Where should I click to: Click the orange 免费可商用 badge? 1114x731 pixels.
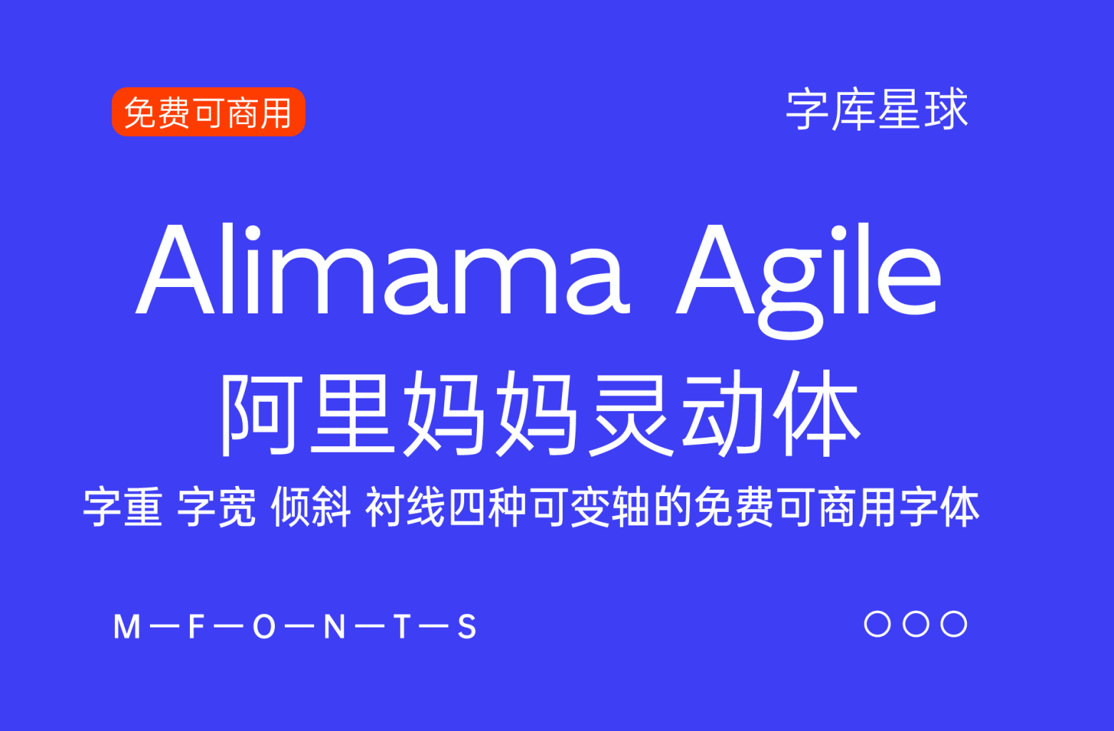209,112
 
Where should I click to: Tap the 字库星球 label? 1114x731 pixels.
877,109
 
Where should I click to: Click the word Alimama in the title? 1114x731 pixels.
383,269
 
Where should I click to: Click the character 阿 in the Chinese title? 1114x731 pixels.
261,414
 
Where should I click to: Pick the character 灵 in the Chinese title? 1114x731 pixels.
631,414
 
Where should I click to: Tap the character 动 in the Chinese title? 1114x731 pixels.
723,414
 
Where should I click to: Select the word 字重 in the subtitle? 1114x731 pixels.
123,508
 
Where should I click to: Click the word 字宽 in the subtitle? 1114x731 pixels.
216,508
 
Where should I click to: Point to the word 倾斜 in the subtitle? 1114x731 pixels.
311,508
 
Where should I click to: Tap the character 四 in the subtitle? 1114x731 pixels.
466,508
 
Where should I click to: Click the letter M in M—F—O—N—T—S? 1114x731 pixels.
127,627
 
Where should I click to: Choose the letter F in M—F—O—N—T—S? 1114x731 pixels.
196,627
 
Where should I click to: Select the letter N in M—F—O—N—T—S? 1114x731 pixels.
335,627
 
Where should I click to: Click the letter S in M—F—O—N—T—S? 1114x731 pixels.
467,627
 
